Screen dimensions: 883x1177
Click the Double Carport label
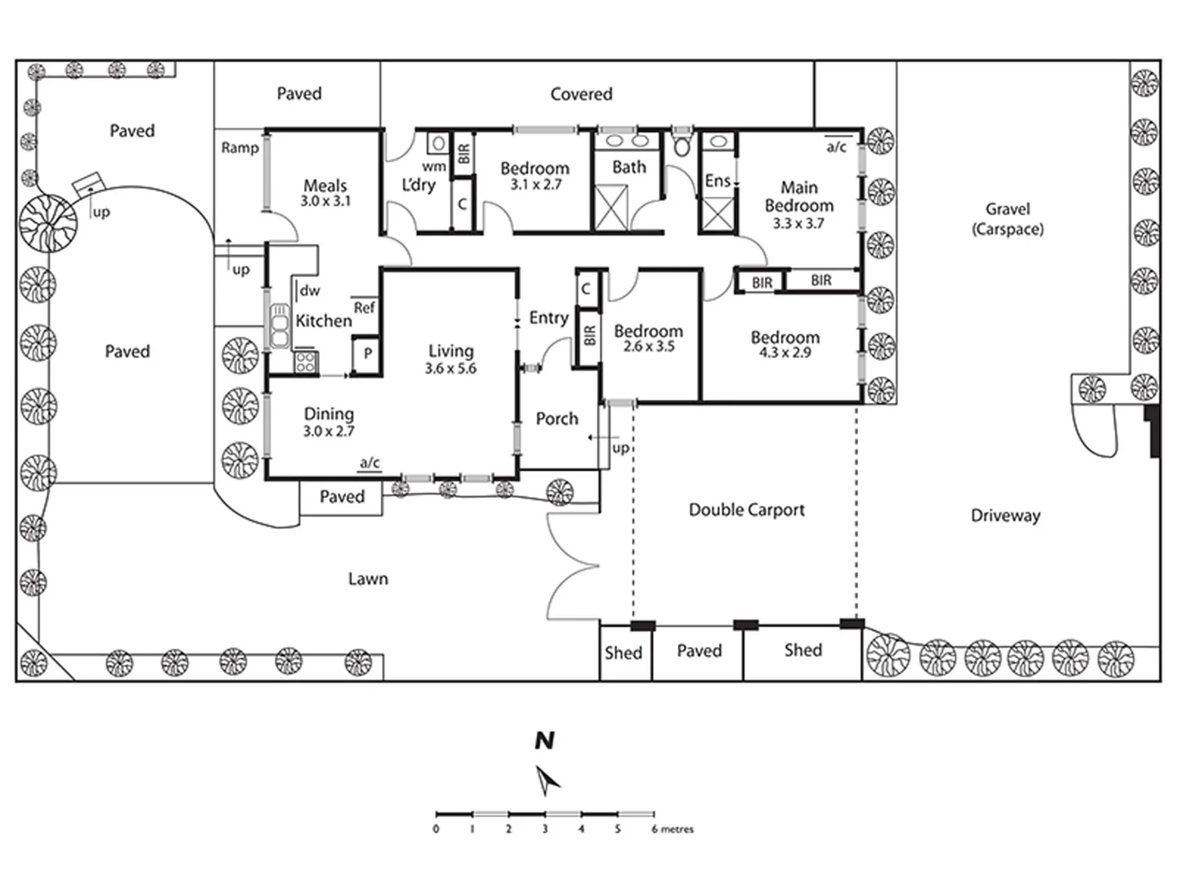click(746, 510)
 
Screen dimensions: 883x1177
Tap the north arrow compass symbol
click(547, 780)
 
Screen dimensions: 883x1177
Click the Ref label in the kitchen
click(365, 307)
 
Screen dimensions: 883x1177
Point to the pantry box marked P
click(368, 353)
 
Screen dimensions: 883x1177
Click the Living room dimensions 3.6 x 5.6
click(450, 369)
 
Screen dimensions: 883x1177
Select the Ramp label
click(239, 148)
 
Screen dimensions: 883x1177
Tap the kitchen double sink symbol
click(280, 326)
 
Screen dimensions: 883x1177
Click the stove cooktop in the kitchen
click(306, 361)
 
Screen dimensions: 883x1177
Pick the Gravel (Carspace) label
click(1007, 219)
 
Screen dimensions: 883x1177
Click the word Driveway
click(1005, 516)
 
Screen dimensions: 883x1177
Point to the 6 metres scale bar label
click(673, 829)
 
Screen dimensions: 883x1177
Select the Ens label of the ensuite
click(717, 181)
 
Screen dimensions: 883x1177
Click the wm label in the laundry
click(434, 167)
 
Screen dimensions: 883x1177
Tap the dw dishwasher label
click(310, 290)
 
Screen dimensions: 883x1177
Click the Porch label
click(557, 419)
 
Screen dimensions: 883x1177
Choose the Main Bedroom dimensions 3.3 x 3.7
click(799, 223)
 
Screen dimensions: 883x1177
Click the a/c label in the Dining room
click(369, 463)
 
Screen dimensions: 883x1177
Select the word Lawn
click(368, 579)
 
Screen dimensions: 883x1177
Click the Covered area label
click(581, 94)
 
